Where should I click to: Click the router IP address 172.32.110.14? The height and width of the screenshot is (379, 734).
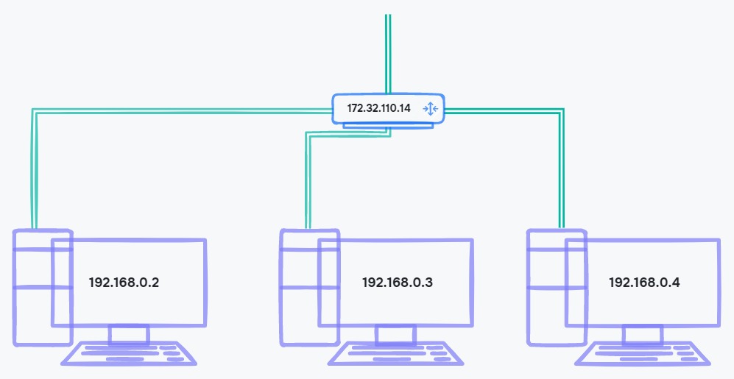379,108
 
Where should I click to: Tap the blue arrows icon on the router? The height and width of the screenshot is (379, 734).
431,109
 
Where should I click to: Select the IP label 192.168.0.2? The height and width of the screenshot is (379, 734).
124,282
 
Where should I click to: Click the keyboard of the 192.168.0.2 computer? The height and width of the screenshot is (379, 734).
130,354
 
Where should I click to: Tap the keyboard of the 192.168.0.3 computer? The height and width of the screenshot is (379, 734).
396,354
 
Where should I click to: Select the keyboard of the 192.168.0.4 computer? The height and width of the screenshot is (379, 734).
643,354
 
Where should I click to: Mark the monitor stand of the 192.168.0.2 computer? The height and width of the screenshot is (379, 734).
129,336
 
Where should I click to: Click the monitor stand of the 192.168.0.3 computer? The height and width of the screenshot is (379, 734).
395,336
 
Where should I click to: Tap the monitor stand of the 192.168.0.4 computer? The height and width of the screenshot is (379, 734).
642,336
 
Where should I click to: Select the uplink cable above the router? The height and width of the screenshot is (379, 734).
387,52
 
